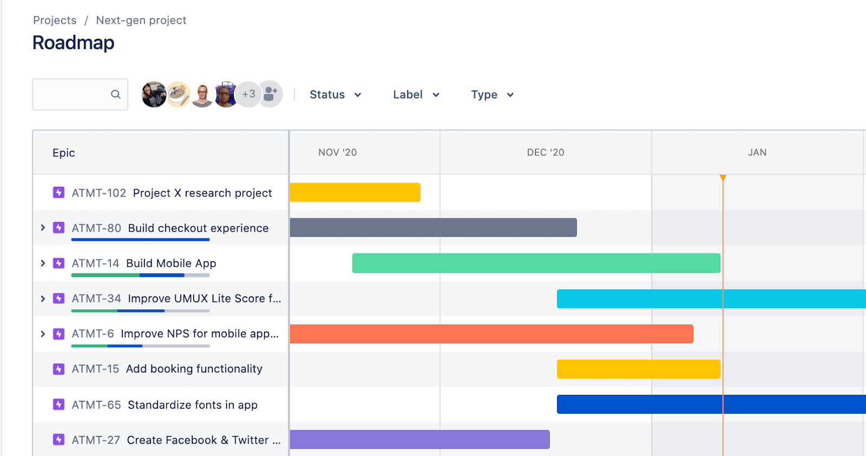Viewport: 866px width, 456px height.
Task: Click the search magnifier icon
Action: point(115,94)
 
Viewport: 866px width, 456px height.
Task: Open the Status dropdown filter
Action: point(334,95)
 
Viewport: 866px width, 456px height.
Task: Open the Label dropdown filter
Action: point(416,95)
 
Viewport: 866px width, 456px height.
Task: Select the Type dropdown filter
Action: point(491,95)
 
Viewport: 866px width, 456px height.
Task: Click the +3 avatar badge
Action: point(248,94)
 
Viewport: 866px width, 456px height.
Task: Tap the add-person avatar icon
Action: point(271,94)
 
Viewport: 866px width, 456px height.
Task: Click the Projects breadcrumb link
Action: point(55,21)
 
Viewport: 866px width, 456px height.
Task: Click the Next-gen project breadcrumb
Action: point(141,21)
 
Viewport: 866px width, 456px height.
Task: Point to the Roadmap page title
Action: point(73,43)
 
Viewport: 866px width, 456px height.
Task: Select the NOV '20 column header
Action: point(337,153)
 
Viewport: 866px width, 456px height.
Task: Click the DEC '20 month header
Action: point(546,153)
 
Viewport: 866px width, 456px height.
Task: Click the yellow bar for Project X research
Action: point(355,192)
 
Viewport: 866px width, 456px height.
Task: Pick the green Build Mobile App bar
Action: point(536,263)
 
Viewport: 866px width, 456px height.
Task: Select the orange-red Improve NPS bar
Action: point(491,334)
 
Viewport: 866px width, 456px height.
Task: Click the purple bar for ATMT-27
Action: point(419,439)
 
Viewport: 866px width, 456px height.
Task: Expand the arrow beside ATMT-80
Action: point(43,228)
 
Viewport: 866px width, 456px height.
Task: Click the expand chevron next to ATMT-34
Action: point(43,298)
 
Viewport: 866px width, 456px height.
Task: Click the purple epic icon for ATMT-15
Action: point(59,369)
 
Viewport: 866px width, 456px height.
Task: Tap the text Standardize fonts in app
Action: point(192,405)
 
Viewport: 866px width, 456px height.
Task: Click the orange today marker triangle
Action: point(723,178)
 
